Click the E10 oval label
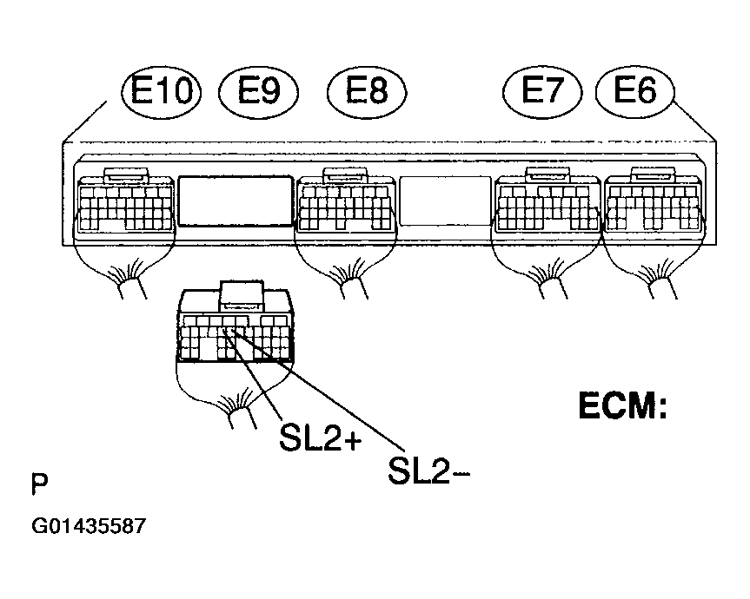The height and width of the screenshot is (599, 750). [161, 91]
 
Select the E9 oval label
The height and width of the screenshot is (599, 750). [258, 91]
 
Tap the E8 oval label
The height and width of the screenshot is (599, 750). [367, 91]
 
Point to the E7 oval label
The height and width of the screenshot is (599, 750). [542, 91]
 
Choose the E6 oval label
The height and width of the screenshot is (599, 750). [635, 91]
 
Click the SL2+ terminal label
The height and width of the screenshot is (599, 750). [321, 438]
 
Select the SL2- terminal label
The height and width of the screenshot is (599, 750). [429, 471]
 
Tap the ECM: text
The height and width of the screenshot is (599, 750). [623, 405]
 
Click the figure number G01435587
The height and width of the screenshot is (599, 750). [89, 526]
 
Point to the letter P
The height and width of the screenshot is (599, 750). [39, 484]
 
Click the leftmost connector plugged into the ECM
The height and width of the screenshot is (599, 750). [125, 201]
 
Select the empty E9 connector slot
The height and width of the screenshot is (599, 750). [235, 201]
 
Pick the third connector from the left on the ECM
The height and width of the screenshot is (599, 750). [346, 201]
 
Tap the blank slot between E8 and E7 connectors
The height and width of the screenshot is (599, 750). [445, 201]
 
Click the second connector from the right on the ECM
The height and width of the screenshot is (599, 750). [548, 201]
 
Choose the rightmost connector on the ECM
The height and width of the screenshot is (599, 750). [653, 201]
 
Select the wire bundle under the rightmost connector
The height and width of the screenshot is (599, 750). [660, 282]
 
